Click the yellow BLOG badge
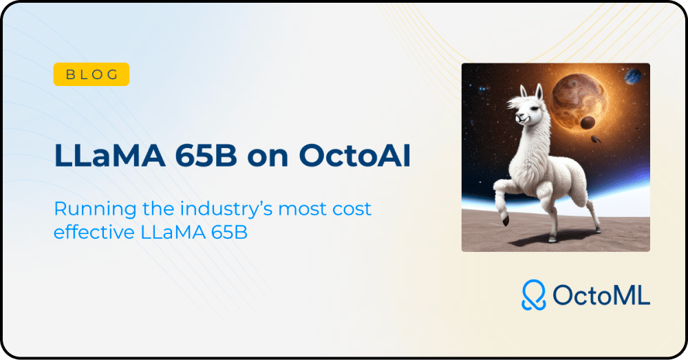(92, 74)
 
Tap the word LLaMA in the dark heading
(109, 156)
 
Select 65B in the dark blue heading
(206, 156)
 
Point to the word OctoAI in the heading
(355, 156)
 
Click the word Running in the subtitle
(95, 209)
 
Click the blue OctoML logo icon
(534, 295)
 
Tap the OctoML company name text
(601, 295)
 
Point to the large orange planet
(579, 101)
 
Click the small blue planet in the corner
(633, 76)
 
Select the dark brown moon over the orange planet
(588, 123)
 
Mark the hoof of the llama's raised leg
(506, 220)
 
